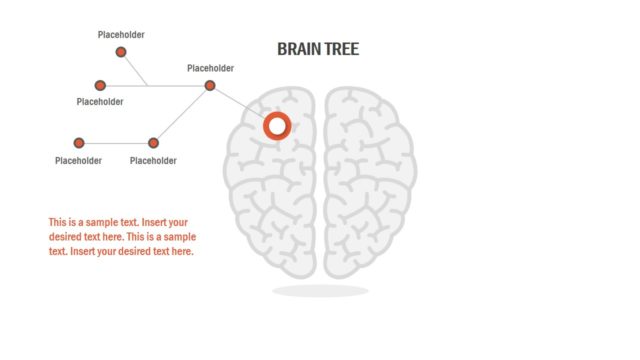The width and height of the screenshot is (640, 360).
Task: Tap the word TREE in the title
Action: pos(342,49)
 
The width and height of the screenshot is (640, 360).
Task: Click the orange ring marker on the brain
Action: pos(277,126)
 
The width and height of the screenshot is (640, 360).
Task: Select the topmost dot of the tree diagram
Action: pos(121,52)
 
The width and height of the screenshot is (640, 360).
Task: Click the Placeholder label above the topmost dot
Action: pos(121,35)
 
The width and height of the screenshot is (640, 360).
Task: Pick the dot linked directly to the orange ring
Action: pos(210,86)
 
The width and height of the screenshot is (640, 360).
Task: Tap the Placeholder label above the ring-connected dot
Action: pos(210,68)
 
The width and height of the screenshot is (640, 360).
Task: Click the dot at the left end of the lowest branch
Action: pos(79,143)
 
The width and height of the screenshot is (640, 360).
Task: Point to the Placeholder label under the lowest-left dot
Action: pos(78,160)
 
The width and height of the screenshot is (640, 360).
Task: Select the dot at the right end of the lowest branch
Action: pos(153,143)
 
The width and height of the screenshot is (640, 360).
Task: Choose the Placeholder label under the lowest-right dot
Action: pos(153,160)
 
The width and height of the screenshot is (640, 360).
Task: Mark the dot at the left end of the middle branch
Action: pos(100,86)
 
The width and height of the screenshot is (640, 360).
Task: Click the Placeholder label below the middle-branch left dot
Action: pos(100,102)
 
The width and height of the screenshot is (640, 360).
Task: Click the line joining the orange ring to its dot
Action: pos(240,104)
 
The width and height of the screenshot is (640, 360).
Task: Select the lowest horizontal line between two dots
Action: pos(116,143)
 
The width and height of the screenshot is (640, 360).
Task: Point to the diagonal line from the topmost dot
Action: pos(134,69)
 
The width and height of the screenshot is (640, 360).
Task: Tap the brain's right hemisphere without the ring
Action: pos(368,180)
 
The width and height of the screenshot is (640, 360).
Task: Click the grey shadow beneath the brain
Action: pos(320,291)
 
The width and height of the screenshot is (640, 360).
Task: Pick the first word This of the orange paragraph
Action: pos(58,222)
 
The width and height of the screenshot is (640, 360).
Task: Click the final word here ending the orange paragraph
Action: pos(182,252)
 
